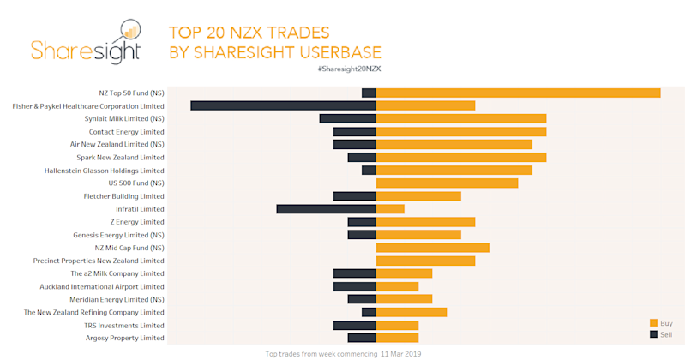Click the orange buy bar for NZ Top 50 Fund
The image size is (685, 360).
[518, 93]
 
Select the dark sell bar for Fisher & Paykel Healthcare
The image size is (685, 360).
[283, 105]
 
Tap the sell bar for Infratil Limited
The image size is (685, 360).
[326, 208]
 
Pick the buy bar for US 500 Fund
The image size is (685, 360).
[447, 183]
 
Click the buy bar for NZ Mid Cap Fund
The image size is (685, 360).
[432, 248]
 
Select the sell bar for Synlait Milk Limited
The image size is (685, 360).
[347, 118]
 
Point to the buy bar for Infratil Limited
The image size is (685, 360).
[390, 208]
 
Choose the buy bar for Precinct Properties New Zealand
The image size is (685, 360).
[425, 261]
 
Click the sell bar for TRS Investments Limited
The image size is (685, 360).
[354, 325]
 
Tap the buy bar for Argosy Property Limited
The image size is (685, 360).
[397, 338]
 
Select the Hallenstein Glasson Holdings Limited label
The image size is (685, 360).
[104, 170]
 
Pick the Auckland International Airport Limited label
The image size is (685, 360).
[101, 286]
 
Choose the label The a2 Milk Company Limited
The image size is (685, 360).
[117, 273]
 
